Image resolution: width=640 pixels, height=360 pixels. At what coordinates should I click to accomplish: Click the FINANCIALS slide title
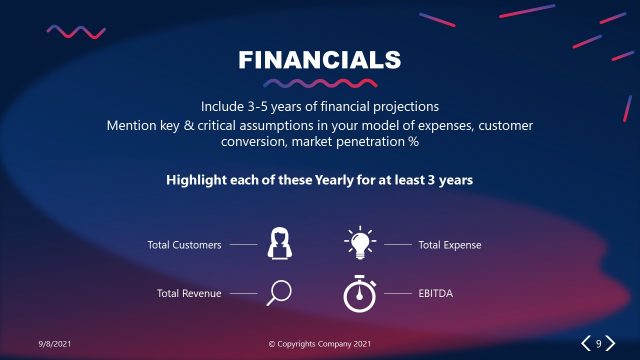320,59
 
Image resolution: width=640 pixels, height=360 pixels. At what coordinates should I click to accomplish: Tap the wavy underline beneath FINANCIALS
320,84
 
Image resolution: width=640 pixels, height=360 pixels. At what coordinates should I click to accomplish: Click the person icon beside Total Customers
279,244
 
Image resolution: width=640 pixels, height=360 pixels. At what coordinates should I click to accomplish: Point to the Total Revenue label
189,293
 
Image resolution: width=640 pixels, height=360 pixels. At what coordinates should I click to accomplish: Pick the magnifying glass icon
279,292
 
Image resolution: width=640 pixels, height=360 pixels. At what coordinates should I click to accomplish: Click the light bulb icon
360,243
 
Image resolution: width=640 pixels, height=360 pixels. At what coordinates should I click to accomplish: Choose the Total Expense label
450,244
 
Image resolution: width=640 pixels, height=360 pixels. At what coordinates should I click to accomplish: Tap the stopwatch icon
360,292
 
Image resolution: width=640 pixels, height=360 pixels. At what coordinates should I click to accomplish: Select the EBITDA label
436,293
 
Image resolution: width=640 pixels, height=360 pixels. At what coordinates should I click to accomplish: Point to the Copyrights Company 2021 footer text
320,344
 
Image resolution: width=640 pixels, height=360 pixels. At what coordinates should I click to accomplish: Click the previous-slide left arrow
586,344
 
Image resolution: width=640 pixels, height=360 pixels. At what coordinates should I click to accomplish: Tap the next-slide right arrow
610,344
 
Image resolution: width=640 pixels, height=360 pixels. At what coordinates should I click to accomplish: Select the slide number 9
598,344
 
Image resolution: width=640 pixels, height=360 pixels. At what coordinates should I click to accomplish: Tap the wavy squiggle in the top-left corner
76,31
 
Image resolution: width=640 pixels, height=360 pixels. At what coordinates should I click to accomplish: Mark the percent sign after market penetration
412,142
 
